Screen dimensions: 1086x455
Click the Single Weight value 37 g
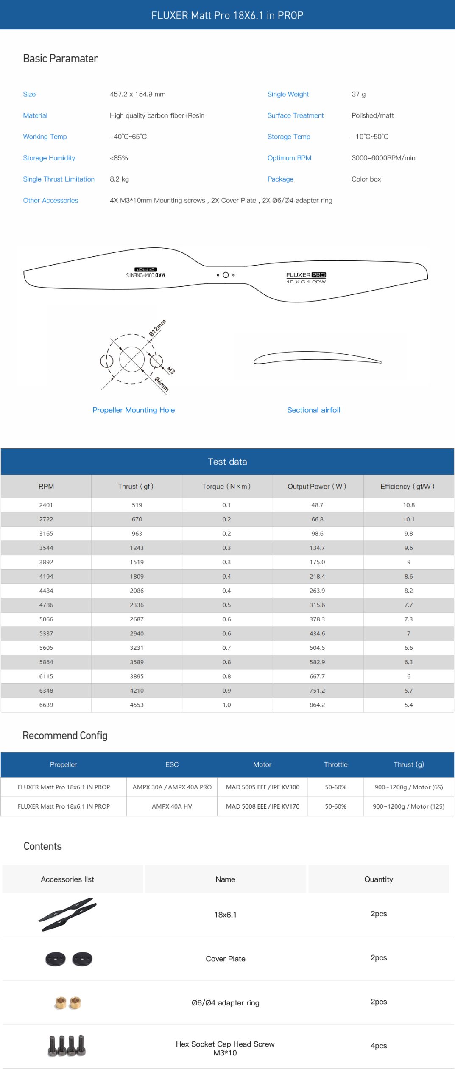pos(358,94)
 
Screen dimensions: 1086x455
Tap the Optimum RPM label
pos(289,158)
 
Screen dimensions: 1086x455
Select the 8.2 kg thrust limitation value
pos(119,179)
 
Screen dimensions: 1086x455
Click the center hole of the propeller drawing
pos(226,275)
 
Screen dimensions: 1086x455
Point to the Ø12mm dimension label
pos(157,328)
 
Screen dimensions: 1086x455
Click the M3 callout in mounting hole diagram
pos(170,370)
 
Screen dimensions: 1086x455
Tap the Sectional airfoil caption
pos(313,410)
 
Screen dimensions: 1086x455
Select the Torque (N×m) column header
pos(226,486)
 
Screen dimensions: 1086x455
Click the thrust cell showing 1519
pos(137,562)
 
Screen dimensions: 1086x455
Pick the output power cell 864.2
pos(317,705)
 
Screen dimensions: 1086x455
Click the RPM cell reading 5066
pos(46,619)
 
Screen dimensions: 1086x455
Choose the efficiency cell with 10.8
pos(408,505)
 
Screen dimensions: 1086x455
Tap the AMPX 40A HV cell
pos(172,806)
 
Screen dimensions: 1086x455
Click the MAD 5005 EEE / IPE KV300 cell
pos(262,787)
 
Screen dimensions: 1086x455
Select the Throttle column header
pos(335,764)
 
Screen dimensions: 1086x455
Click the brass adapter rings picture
pos(68,1003)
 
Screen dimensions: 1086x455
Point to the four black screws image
pos(67,1046)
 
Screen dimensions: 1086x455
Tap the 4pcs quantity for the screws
pos(378,1046)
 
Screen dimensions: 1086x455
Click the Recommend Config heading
pos(65,736)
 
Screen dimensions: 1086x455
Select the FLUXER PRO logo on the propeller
pos(306,275)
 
